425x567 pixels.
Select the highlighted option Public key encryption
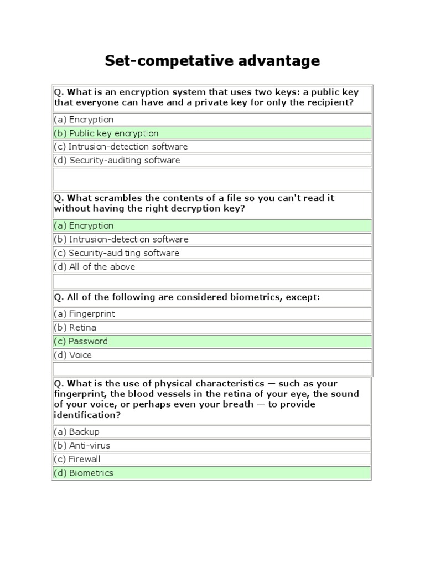click(106, 133)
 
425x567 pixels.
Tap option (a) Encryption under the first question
click(84, 120)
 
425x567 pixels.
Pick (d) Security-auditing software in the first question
click(117, 161)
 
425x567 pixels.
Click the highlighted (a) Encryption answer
click(84, 226)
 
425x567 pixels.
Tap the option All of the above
click(94, 267)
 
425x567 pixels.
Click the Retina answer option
click(75, 328)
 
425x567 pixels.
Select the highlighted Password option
click(81, 342)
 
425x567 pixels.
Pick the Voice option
click(72, 355)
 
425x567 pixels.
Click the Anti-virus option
click(81, 446)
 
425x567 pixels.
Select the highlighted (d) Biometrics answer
click(84, 473)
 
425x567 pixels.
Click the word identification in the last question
click(83, 415)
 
